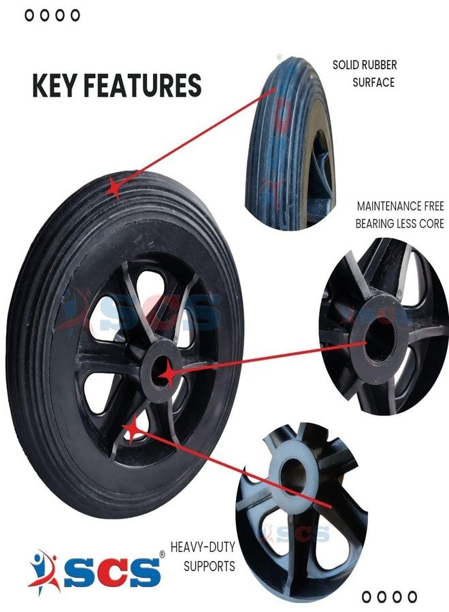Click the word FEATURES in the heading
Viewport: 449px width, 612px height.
click(x=143, y=85)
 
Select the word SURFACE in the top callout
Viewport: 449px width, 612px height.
click(x=373, y=83)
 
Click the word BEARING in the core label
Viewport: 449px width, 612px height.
click(x=375, y=224)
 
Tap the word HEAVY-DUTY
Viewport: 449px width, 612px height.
click(x=203, y=547)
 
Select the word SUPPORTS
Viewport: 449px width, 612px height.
click(x=210, y=566)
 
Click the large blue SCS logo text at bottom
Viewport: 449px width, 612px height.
click(x=112, y=572)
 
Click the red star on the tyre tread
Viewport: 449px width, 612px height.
click(x=114, y=188)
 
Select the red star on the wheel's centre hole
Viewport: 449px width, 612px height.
click(x=169, y=373)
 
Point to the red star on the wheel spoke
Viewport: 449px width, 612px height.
click(x=133, y=428)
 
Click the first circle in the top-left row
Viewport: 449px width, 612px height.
click(x=29, y=15)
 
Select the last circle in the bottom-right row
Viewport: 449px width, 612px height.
click(x=412, y=597)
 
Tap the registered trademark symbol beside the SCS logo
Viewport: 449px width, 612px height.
click(x=162, y=554)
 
